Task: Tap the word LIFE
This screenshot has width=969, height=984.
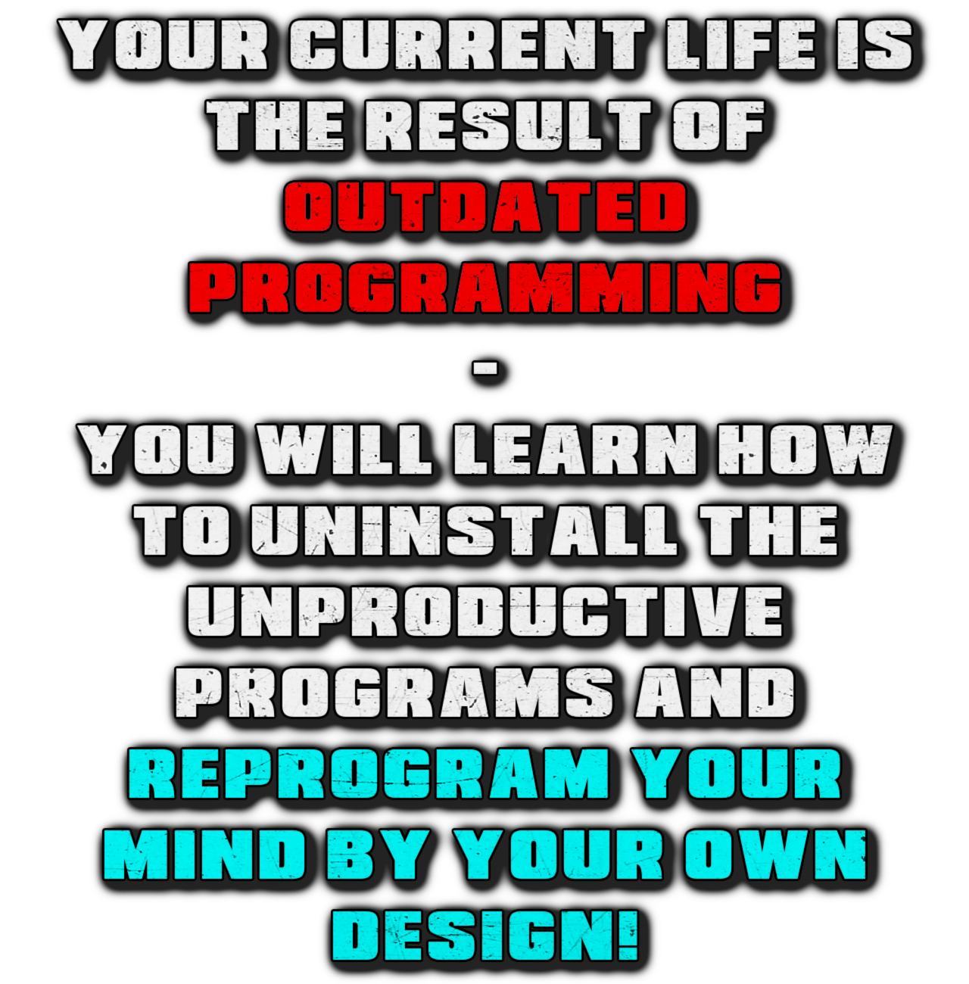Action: point(741,45)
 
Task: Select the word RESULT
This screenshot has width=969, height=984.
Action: point(509,125)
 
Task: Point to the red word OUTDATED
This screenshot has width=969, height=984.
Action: point(484,207)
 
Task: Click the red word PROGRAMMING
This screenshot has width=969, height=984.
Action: point(484,287)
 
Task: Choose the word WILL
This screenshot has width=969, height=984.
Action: point(344,449)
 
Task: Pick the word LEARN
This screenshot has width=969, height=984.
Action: point(575,449)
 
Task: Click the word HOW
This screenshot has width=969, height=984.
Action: point(805,449)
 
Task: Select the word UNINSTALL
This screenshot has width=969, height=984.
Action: point(465,530)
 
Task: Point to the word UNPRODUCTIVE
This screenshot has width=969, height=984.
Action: point(484,611)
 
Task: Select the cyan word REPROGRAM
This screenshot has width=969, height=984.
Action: point(369,773)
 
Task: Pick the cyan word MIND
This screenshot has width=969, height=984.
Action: point(205,853)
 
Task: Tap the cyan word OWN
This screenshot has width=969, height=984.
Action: point(775,853)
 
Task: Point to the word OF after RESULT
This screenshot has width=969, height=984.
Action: point(718,125)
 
